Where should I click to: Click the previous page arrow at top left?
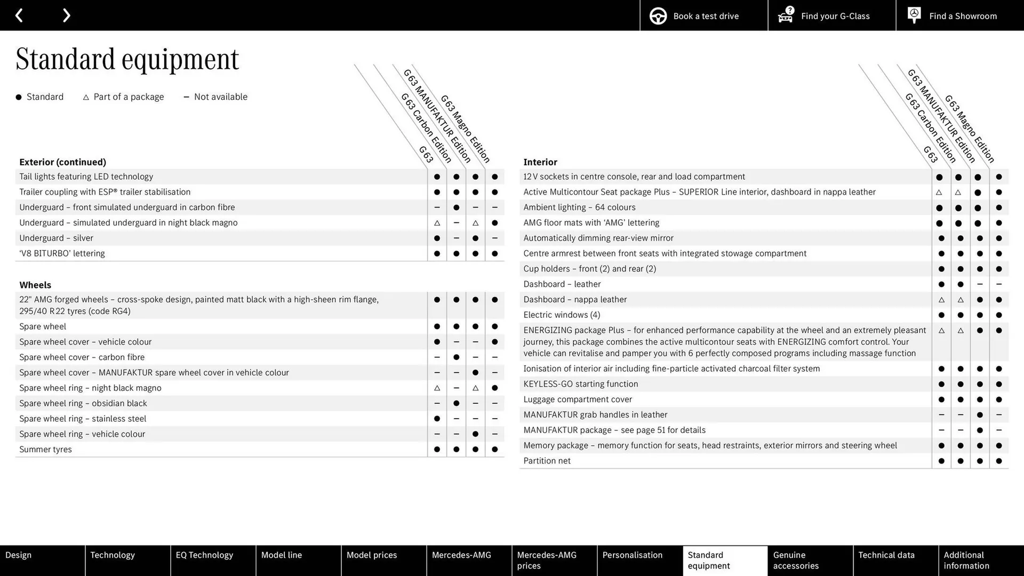[x=19, y=15]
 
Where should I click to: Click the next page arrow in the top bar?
[x=66, y=15]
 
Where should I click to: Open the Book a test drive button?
[x=703, y=16]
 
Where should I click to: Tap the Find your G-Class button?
[x=831, y=16]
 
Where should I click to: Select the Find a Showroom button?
[x=959, y=16]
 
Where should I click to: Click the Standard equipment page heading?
[x=127, y=59]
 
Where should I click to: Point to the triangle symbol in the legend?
[x=86, y=97]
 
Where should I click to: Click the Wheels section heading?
[x=35, y=285]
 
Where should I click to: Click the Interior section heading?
[x=540, y=162]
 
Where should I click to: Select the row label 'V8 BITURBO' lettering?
[x=62, y=253]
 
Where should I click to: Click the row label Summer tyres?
[x=45, y=450]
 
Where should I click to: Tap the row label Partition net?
[x=547, y=461]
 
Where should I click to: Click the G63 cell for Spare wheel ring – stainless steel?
[x=437, y=419]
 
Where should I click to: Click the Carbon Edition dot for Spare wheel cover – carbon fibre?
[x=456, y=357]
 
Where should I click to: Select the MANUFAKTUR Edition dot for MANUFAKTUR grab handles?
[x=979, y=415]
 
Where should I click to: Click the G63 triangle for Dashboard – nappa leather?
[x=941, y=300]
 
